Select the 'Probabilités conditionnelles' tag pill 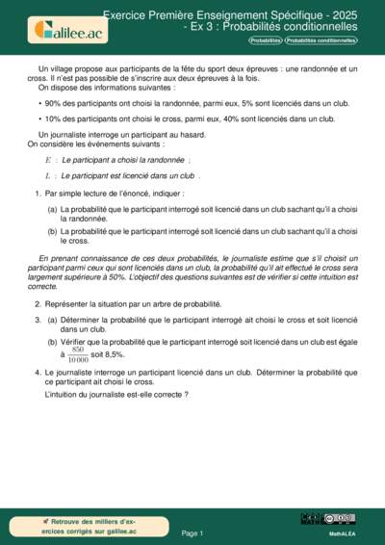(x=321, y=40)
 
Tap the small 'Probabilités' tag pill (x=265, y=40)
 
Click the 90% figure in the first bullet (x=53, y=101)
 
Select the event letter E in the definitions (x=48, y=160)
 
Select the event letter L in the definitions (x=47, y=176)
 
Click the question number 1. (x=37, y=194)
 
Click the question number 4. (x=37, y=371)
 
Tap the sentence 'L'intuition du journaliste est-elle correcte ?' (x=115, y=395)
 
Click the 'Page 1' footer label (x=192, y=532)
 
